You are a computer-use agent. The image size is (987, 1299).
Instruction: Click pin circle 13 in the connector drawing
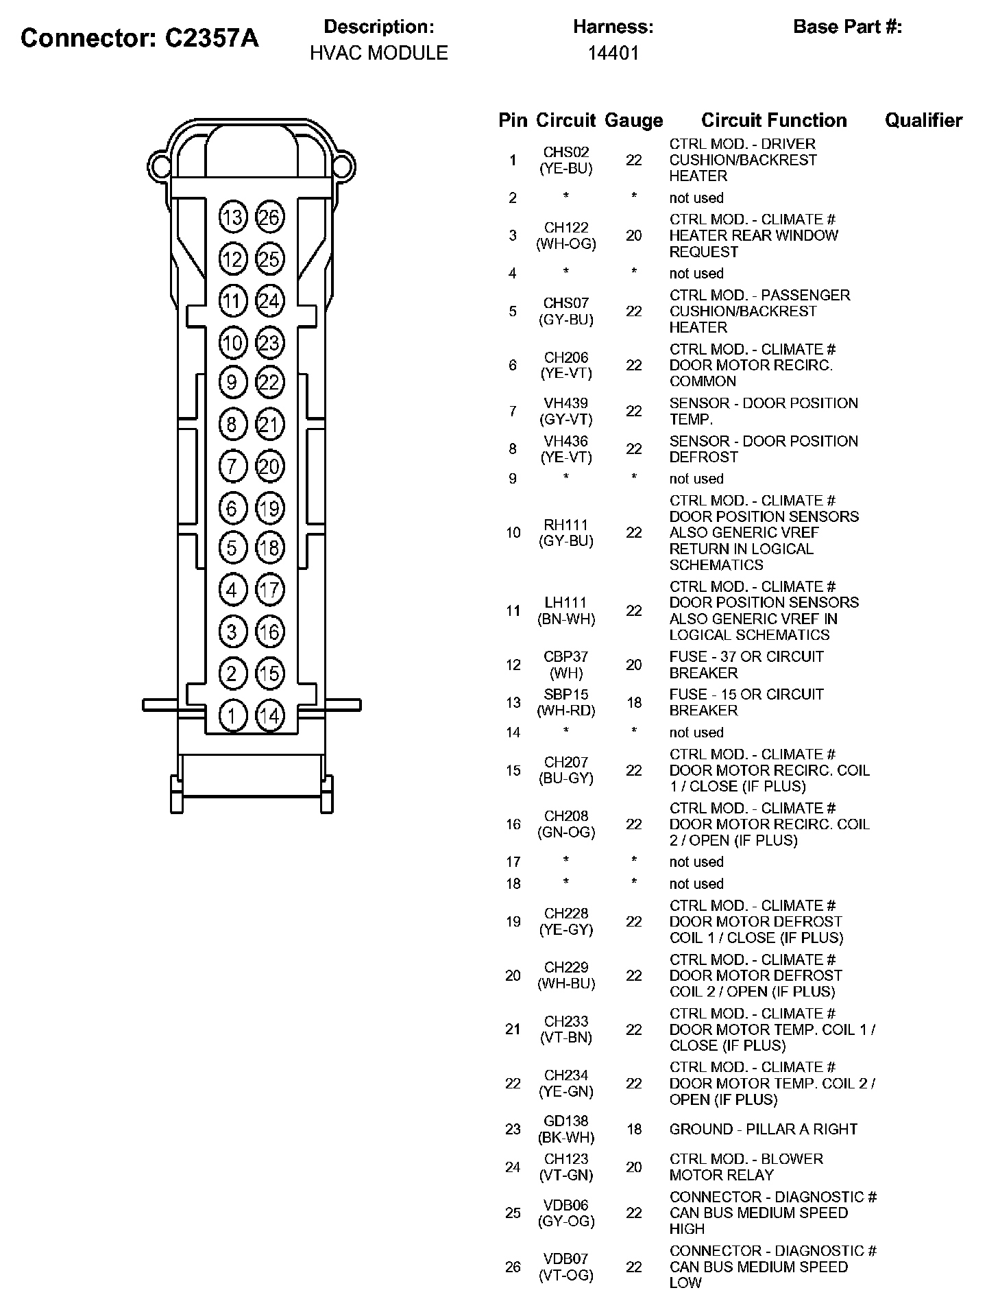click(232, 218)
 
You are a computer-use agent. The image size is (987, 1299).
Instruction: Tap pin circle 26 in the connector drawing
click(269, 218)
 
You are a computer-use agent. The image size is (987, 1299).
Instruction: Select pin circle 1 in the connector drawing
click(232, 716)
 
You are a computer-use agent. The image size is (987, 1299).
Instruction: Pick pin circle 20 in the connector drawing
click(269, 467)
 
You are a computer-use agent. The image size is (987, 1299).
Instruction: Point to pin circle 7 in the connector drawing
click(232, 467)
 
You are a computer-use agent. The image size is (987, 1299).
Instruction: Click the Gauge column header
click(633, 121)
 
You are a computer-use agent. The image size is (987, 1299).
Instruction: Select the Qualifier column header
click(923, 121)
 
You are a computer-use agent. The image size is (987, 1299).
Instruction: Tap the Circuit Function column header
click(774, 121)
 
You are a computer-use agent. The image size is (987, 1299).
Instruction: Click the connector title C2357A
click(140, 38)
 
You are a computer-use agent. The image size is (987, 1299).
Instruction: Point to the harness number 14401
click(613, 53)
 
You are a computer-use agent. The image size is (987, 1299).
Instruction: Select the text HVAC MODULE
click(378, 53)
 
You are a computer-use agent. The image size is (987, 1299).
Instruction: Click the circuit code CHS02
click(566, 152)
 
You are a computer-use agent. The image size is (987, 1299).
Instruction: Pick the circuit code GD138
click(566, 1121)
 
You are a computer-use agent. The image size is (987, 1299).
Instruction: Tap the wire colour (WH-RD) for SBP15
click(566, 711)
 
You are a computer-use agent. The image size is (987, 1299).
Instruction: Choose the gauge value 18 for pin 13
click(634, 702)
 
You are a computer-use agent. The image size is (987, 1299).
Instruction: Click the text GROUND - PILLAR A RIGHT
click(764, 1129)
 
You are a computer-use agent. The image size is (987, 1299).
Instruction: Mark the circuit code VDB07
click(566, 1259)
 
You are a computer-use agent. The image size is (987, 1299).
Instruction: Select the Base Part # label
click(847, 27)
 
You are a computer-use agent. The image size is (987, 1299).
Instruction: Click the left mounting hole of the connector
click(160, 166)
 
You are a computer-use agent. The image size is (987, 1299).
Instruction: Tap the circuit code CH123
click(566, 1159)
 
